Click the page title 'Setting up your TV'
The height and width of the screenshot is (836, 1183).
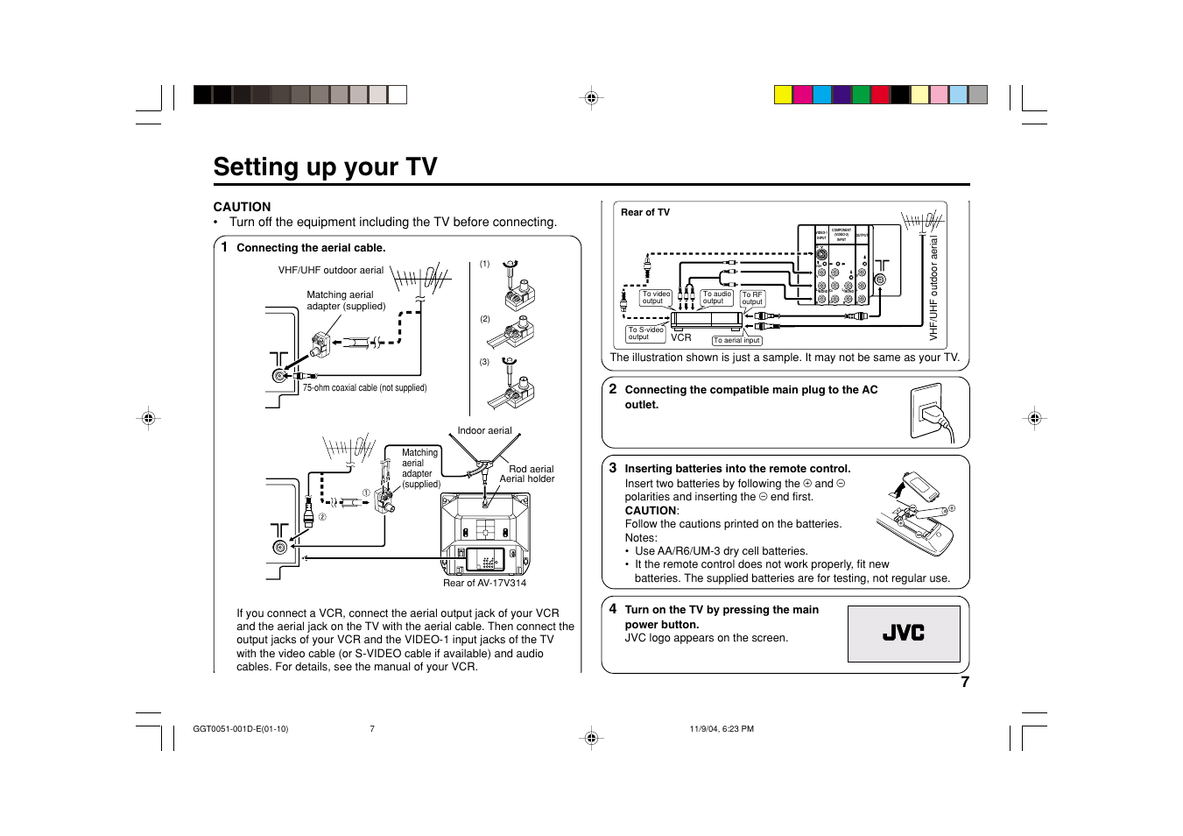tap(325, 166)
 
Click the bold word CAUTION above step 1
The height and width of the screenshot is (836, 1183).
tap(242, 207)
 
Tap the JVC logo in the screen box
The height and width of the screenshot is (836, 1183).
tap(903, 633)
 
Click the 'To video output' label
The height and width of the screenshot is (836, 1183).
tap(655, 298)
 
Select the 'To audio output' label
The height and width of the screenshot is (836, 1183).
tap(716, 298)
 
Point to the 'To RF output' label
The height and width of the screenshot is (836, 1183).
tap(752, 299)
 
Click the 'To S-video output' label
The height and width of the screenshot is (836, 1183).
tap(645, 334)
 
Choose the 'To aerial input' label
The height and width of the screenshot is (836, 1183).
tap(736, 341)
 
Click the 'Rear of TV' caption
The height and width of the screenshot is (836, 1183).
tap(645, 212)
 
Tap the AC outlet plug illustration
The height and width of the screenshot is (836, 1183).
tap(932, 413)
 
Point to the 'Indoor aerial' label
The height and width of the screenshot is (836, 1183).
tap(484, 430)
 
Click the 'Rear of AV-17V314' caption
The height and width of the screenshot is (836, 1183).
tap(484, 583)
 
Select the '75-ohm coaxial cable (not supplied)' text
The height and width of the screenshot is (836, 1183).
tap(364, 387)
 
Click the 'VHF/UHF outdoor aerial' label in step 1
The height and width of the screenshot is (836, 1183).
tap(330, 270)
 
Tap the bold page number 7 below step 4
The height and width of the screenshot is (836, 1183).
tap(965, 683)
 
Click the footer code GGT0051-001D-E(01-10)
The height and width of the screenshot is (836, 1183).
tap(241, 729)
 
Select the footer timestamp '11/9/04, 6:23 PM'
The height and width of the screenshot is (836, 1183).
tap(722, 729)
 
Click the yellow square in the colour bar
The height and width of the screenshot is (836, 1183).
tap(784, 95)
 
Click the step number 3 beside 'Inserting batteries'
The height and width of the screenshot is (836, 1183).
tap(613, 468)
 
